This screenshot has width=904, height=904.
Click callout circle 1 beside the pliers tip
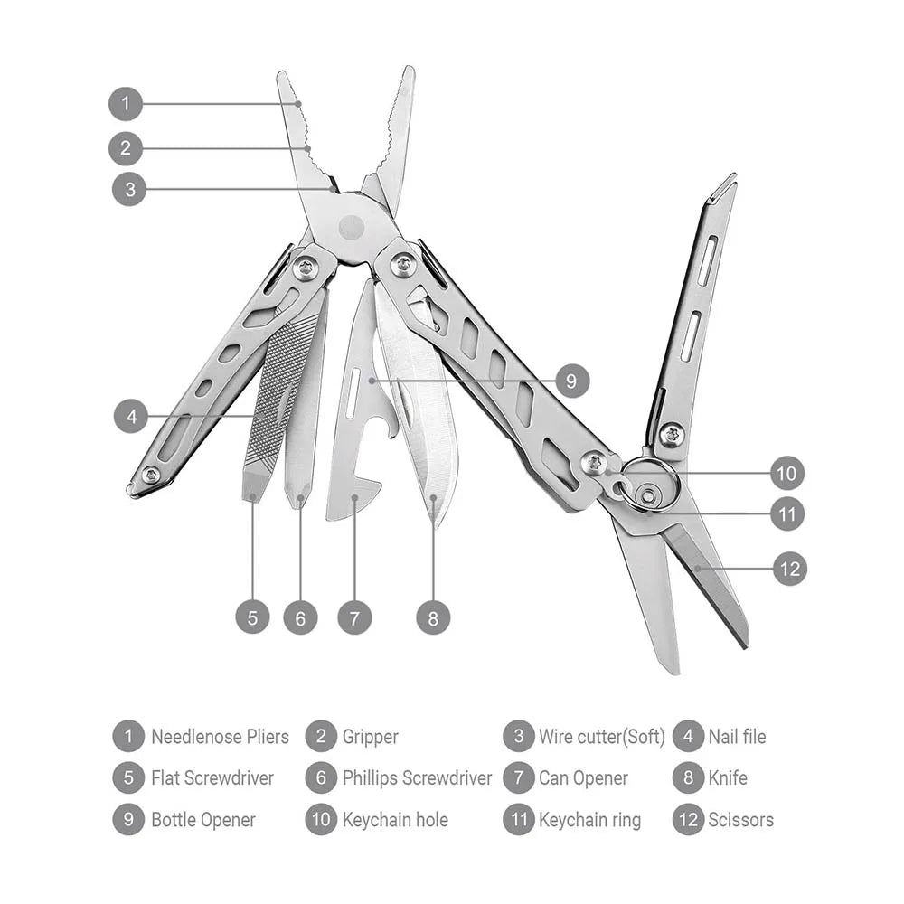[126, 103]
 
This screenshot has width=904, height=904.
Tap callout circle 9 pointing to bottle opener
[571, 381]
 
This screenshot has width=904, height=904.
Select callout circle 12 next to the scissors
[789, 569]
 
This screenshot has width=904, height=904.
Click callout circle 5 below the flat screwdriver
[252, 617]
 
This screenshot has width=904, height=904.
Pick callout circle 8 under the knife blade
[433, 617]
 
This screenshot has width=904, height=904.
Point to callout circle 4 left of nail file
[131, 417]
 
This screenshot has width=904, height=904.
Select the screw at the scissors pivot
[671, 434]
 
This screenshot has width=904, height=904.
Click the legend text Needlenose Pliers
[220, 737]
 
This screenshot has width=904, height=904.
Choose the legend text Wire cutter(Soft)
[601, 737]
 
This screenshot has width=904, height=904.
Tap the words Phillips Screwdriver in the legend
[417, 778]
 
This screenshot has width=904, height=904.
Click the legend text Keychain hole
[395, 820]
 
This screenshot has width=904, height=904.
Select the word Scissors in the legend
[740, 820]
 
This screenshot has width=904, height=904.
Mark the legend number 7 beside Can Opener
[519, 778]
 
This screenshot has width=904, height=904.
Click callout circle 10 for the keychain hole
[787, 473]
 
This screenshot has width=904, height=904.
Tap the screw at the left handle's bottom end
[151, 474]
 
